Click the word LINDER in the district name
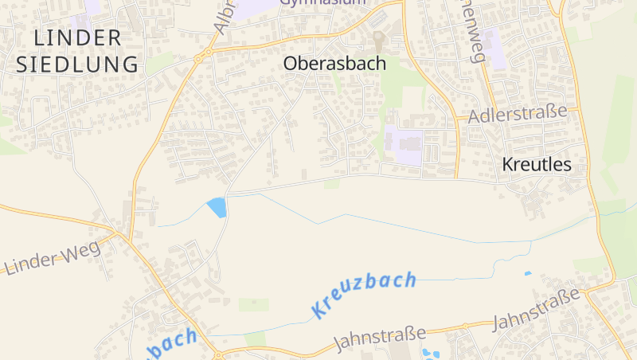(x=77, y=37)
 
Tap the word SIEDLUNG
(x=77, y=65)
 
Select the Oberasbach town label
(x=335, y=63)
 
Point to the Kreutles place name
(x=537, y=165)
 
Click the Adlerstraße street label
(x=518, y=114)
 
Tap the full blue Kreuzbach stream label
(x=365, y=294)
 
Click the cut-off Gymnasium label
(x=322, y=2)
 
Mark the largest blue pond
(x=217, y=207)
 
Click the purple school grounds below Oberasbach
(x=404, y=146)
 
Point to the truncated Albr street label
(x=225, y=16)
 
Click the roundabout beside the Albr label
(x=208, y=53)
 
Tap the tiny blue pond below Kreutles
(x=527, y=273)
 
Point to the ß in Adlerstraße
(x=557, y=111)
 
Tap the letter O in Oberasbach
(x=292, y=64)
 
